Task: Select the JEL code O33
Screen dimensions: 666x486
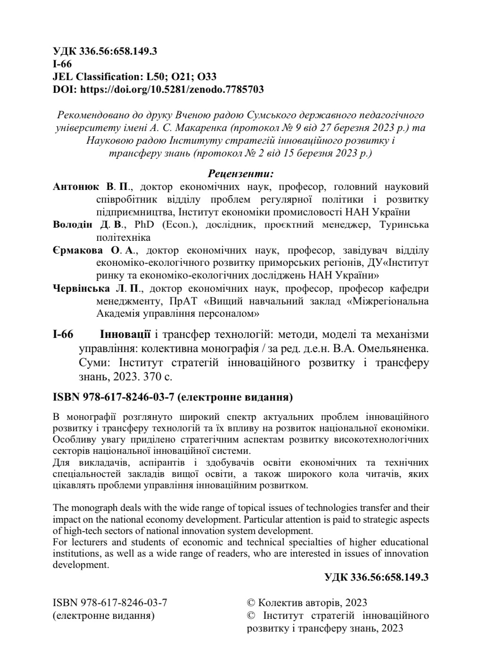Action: point(206,76)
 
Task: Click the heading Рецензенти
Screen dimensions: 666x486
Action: point(241,174)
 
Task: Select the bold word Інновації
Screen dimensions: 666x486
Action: point(125,335)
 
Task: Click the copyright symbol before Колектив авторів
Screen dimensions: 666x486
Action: point(251,603)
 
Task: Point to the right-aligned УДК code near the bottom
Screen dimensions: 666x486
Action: point(377,577)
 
